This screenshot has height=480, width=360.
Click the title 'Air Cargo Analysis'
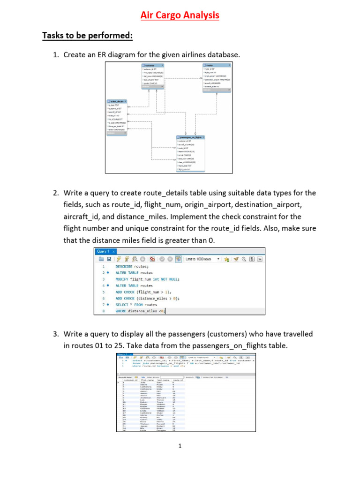click(180, 15)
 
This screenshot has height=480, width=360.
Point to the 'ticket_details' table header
click(117, 101)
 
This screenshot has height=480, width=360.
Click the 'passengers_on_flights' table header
click(191, 137)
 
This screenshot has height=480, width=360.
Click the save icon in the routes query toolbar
click(109, 259)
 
